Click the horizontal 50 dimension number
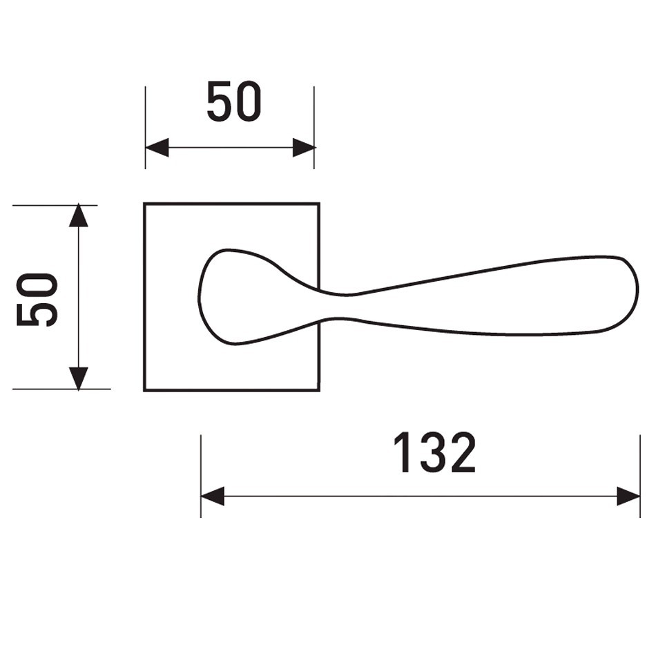(x=234, y=102)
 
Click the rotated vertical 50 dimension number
(x=37, y=300)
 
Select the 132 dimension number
(x=434, y=452)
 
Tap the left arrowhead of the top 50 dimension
(x=157, y=147)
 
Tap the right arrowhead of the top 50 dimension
(x=304, y=147)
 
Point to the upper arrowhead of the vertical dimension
(x=79, y=215)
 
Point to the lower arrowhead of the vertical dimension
(x=79, y=378)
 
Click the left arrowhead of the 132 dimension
(x=213, y=496)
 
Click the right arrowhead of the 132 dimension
(x=628, y=496)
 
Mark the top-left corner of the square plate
(x=144, y=204)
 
